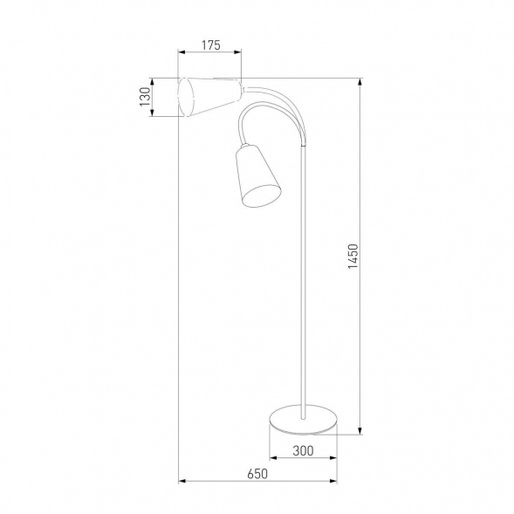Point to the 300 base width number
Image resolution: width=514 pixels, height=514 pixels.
(302, 451)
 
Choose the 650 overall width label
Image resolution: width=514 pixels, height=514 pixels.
(256, 474)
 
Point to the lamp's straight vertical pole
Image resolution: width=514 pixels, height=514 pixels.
(304, 288)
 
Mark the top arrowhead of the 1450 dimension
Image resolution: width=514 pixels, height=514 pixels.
(360, 81)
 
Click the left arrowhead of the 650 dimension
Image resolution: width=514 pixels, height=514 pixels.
(182, 481)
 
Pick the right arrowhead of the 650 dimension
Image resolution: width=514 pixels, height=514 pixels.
(335, 481)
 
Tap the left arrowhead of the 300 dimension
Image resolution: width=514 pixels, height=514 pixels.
(270, 457)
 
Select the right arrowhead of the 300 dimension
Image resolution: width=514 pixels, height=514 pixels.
(335, 457)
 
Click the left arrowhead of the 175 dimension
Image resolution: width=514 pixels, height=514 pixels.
(181, 51)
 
